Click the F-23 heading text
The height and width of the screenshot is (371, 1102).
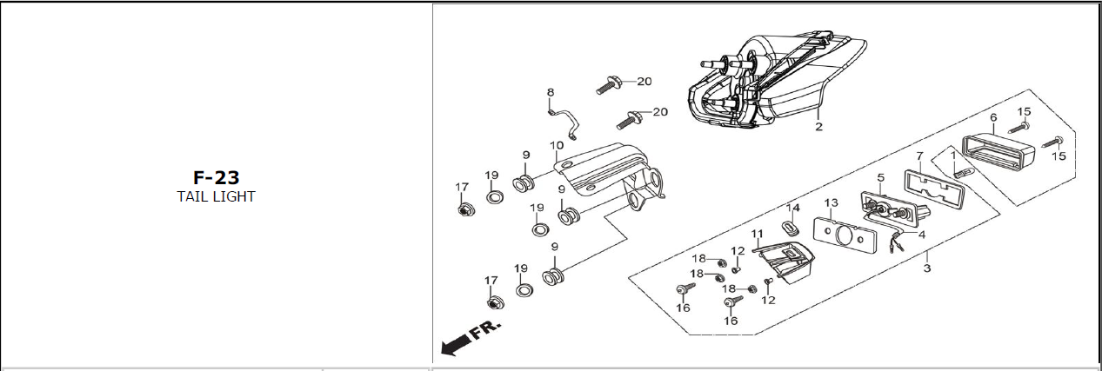tap(216, 177)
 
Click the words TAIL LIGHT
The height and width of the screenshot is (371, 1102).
tap(216, 196)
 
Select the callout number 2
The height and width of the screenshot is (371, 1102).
tap(818, 126)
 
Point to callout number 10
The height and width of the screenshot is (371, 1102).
tap(557, 145)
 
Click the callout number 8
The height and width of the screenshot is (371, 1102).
tap(551, 92)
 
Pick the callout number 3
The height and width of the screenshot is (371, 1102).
tap(927, 268)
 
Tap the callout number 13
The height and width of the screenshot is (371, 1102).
tap(831, 202)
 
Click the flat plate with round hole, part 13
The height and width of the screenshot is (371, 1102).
tap(845, 237)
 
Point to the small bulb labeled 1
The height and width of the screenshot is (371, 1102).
tap(963, 173)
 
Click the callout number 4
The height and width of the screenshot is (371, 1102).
tap(921, 235)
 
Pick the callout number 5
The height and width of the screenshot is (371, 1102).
tap(880, 177)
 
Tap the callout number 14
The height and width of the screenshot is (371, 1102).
tap(792, 208)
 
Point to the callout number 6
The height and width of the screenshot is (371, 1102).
tap(993, 117)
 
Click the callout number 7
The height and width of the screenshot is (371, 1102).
tap(919, 156)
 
